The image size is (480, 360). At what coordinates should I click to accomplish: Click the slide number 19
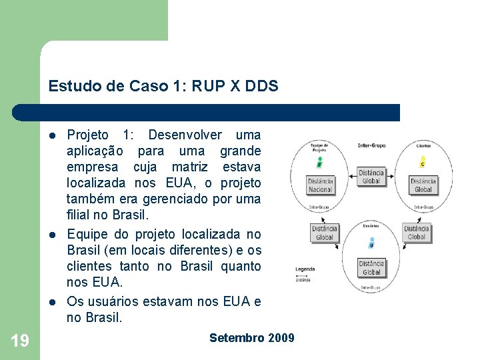pos(20,341)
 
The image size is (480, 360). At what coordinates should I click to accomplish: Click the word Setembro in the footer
pos(237,338)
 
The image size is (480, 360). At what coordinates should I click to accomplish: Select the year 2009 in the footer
pos(281,338)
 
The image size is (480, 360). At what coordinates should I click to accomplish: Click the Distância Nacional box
pos(320,185)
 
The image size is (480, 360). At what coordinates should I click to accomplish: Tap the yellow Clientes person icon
pos(423,162)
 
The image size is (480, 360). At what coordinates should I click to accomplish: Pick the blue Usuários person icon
pos(371,244)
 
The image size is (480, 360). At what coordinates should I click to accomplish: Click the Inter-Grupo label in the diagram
pos(372,145)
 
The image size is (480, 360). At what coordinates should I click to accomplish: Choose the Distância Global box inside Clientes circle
pos(423,185)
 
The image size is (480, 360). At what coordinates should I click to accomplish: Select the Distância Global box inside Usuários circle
pos(371,267)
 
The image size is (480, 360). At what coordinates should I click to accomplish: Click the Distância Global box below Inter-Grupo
pos(371,177)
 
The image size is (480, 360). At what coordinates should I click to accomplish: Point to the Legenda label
pos(305,269)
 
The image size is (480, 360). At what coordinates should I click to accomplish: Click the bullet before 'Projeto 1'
pos(53,135)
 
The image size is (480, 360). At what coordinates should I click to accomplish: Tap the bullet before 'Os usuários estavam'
pos(53,302)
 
